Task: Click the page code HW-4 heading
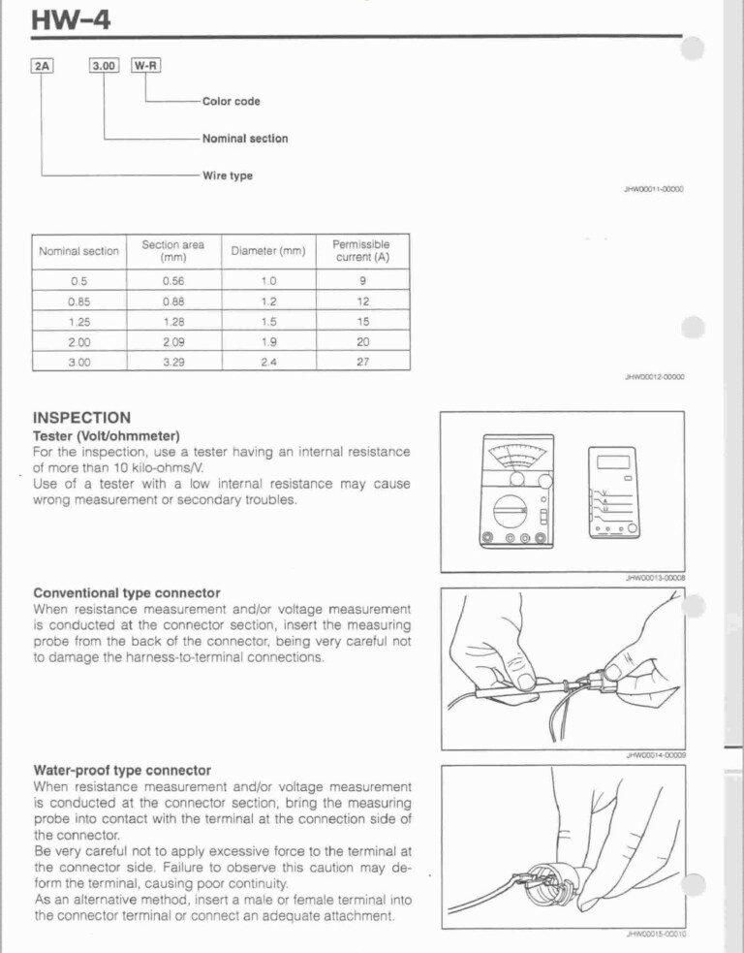click(69, 18)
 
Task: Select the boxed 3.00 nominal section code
click(103, 66)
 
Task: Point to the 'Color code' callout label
click(231, 102)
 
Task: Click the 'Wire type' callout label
click(227, 175)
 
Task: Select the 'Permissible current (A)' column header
click(362, 251)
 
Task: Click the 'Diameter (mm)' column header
click(268, 252)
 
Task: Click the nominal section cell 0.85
click(78, 301)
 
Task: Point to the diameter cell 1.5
click(268, 320)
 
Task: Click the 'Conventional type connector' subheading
click(126, 592)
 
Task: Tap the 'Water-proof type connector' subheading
click(122, 771)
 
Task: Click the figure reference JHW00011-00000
click(654, 190)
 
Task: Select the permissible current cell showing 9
click(362, 281)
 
